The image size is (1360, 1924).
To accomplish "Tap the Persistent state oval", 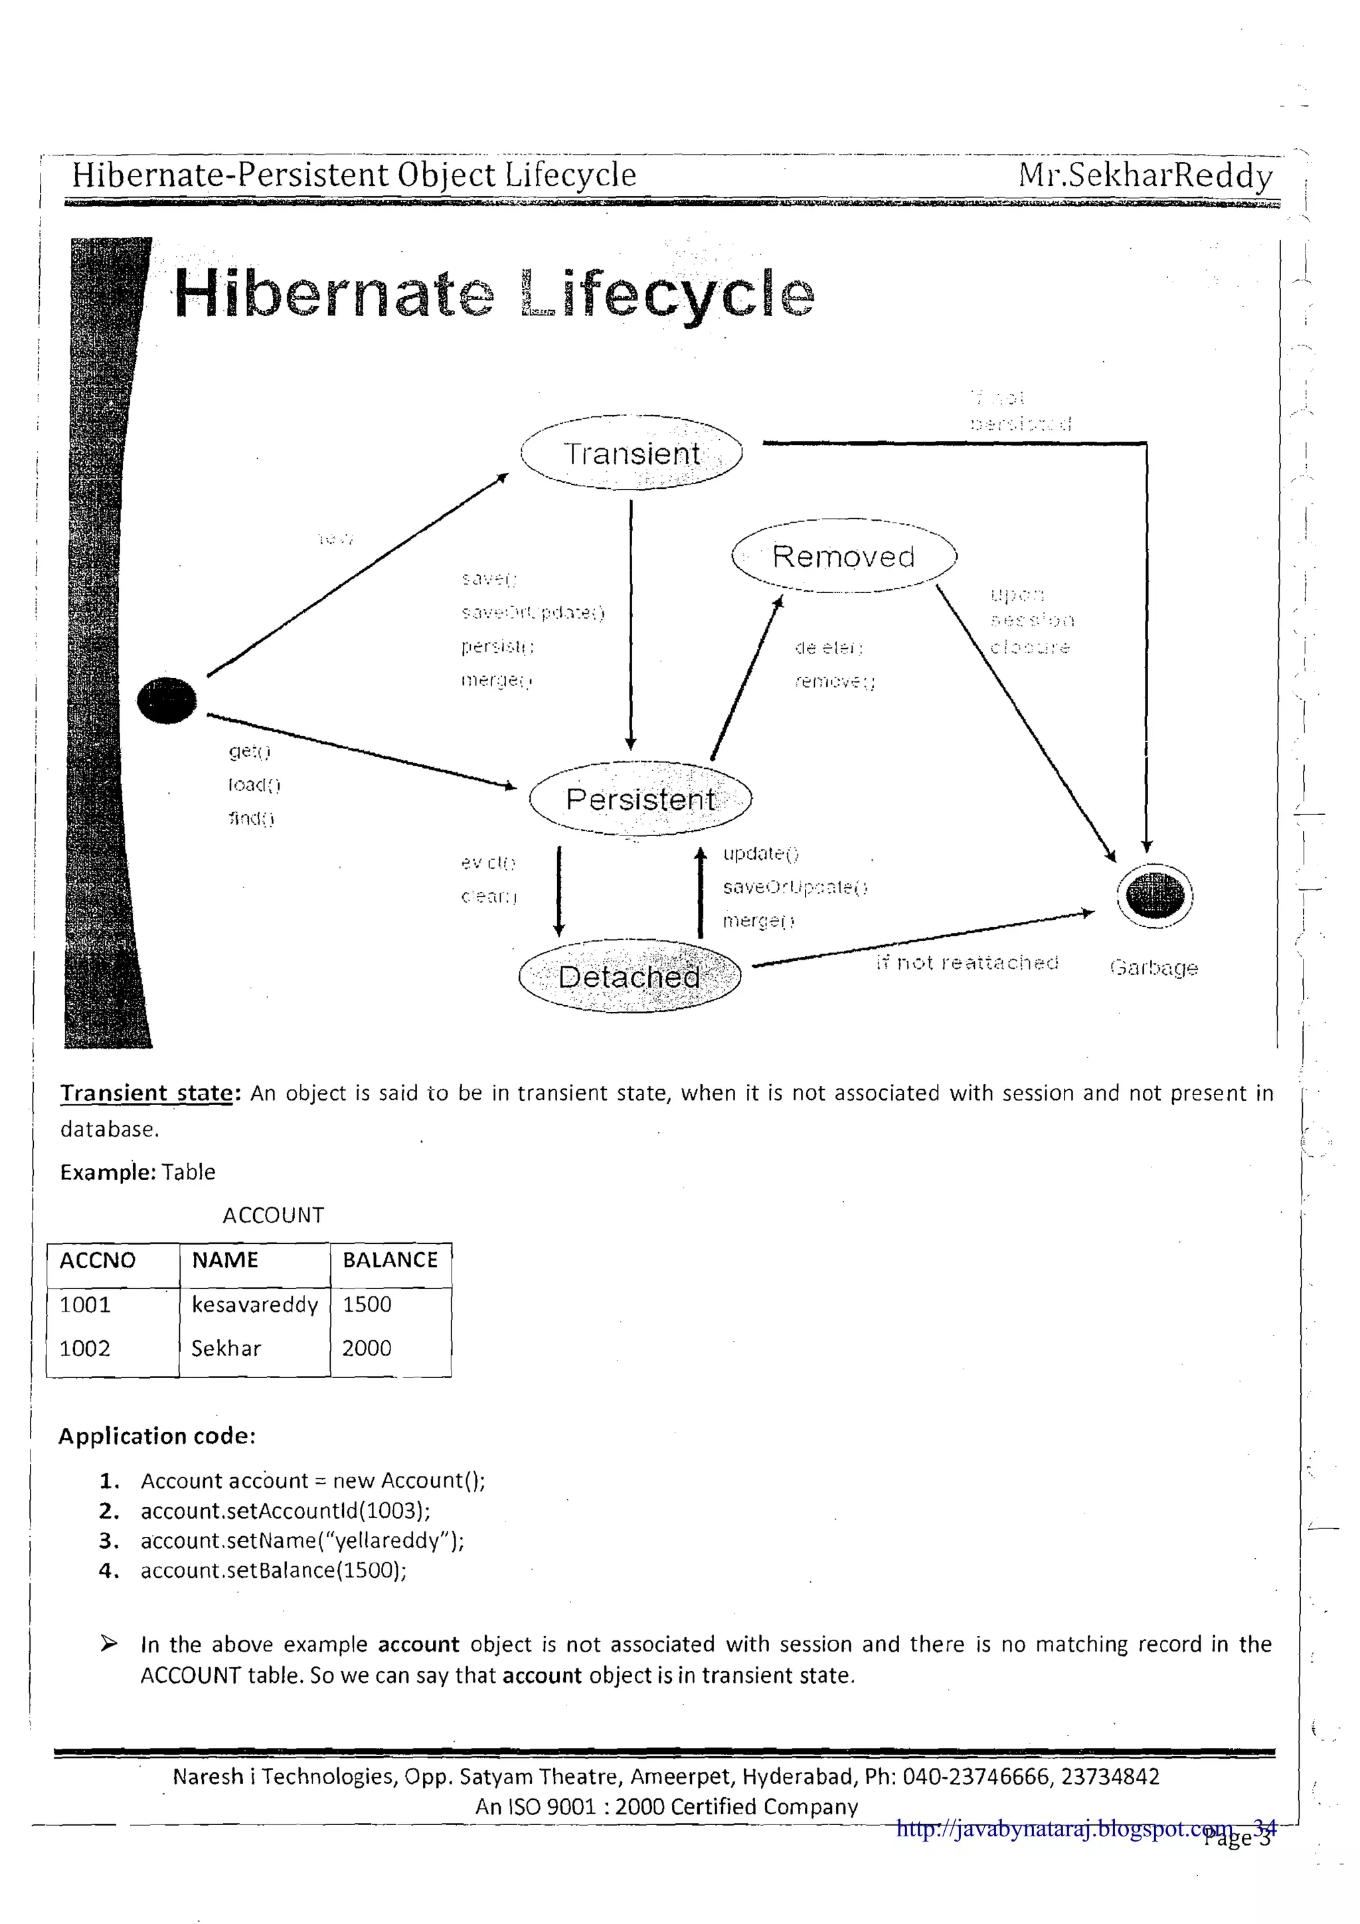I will pyautogui.click(x=640, y=798).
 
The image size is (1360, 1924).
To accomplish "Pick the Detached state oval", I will pyautogui.click(x=630, y=976).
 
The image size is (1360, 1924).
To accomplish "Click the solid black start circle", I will pyautogui.click(x=167, y=700).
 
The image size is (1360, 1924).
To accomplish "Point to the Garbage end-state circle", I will pyautogui.click(x=1155, y=896).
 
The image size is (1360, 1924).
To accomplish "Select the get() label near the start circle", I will pyautogui.click(x=249, y=752).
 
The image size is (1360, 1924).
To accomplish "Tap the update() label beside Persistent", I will pyautogui.click(x=761, y=853).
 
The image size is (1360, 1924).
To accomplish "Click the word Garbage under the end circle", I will pyautogui.click(x=1154, y=968).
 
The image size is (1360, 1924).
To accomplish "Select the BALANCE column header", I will pyautogui.click(x=390, y=1259).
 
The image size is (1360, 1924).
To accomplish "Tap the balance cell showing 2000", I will pyautogui.click(x=367, y=1348).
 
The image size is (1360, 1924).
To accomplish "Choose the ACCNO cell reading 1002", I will pyautogui.click(x=84, y=1348).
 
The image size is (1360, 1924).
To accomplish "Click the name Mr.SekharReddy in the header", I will pyautogui.click(x=1145, y=175).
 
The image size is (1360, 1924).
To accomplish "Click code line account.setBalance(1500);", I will pyautogui.click(x=273, y=1571).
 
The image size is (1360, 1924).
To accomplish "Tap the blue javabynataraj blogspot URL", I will pyautogui.click(x=1064, y=1828).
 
